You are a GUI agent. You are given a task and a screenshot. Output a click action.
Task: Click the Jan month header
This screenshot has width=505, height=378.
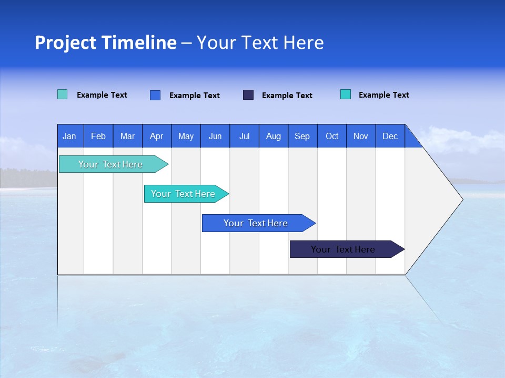click(x=69, y=136)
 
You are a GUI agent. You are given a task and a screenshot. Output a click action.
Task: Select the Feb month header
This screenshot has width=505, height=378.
click(x=98, y=136)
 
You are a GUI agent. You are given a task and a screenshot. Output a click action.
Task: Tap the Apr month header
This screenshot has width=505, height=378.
click(x=156, y=136)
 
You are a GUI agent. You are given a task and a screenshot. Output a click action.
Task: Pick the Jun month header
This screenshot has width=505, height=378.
click(x=215, y=136)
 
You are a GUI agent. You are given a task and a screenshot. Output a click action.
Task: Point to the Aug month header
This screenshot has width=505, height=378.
click(x=274, y=136)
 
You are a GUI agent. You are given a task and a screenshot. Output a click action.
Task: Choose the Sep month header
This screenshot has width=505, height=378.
click(x=302, y=136)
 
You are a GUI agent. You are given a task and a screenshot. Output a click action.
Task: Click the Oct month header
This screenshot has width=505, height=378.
click(x=332, y=136)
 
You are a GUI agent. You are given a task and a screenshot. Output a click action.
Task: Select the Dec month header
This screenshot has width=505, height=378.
click(x=390, y=136)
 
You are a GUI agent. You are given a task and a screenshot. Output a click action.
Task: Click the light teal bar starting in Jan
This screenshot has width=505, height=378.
click(x=110, y=164)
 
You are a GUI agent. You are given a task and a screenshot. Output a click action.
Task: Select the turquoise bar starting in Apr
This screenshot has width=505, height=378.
click(x=183, y=194)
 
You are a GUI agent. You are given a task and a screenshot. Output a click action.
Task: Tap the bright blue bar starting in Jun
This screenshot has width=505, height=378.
click(x=256, y=223)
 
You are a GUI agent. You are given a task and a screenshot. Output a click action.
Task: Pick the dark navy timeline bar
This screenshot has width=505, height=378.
click(x=343, y=249)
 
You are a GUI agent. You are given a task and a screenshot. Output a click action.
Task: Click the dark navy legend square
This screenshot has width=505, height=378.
click(x=248, y=95)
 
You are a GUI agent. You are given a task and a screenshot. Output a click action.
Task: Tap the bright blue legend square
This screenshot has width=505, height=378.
click(x=155, y=95)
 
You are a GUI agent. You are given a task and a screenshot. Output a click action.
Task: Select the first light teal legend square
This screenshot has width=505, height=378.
click(x=63, y=94)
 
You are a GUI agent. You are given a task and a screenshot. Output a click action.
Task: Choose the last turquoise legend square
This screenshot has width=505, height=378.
click(x=346, y=94)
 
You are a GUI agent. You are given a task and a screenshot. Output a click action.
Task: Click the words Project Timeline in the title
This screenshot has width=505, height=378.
click(x=106, y=43)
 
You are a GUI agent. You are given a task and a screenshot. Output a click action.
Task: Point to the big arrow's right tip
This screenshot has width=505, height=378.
click(x=461, y=199)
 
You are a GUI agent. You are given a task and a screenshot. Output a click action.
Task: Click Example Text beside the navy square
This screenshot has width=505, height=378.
click(x=287, y=96)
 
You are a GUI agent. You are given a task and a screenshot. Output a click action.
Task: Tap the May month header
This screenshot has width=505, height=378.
click(x=186, y=136)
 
